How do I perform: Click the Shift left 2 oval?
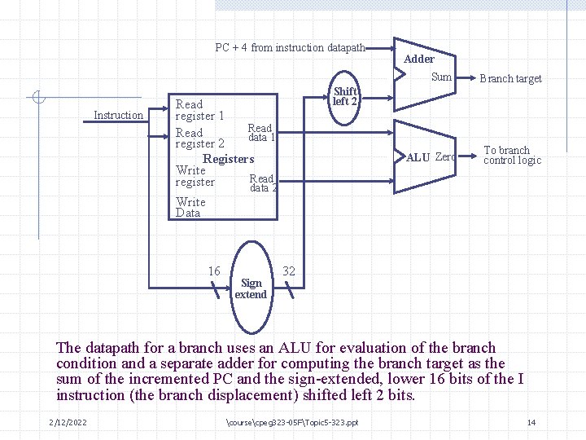[x=345, y=98]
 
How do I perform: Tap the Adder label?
[x=419, y=59]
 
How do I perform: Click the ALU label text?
[x=418, y=157]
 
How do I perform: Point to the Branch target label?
[x=510, y=79]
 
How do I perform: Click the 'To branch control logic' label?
[x=512, y=155]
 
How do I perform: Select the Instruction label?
[x=118, y=115]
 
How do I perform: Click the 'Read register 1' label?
[x=199, y=110]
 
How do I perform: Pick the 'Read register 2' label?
[x=199, y=139]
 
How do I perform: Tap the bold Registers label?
[x=228, y=159]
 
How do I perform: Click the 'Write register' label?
[x=195, y=176]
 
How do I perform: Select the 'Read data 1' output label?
[x=261, y=133]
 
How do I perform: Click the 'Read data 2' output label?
[x=263, y=183]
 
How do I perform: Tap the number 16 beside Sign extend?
[x=214, y=271]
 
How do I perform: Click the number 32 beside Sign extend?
[x=289, y=271]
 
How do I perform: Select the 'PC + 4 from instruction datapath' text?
[x=291, y=48]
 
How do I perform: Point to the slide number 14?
[x=531, y=421]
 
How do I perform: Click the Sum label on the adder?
[x=441, y=77]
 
